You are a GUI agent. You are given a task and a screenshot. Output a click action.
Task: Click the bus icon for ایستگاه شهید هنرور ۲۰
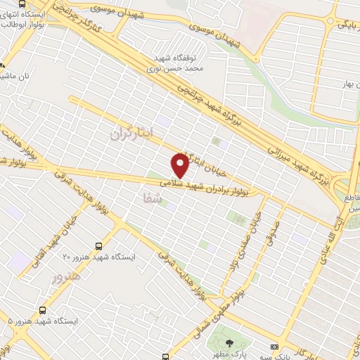[98, 247]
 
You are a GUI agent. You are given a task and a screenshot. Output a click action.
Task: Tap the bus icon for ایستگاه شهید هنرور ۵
[44, 309]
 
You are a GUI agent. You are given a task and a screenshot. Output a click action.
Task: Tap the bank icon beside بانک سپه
[274, 346]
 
